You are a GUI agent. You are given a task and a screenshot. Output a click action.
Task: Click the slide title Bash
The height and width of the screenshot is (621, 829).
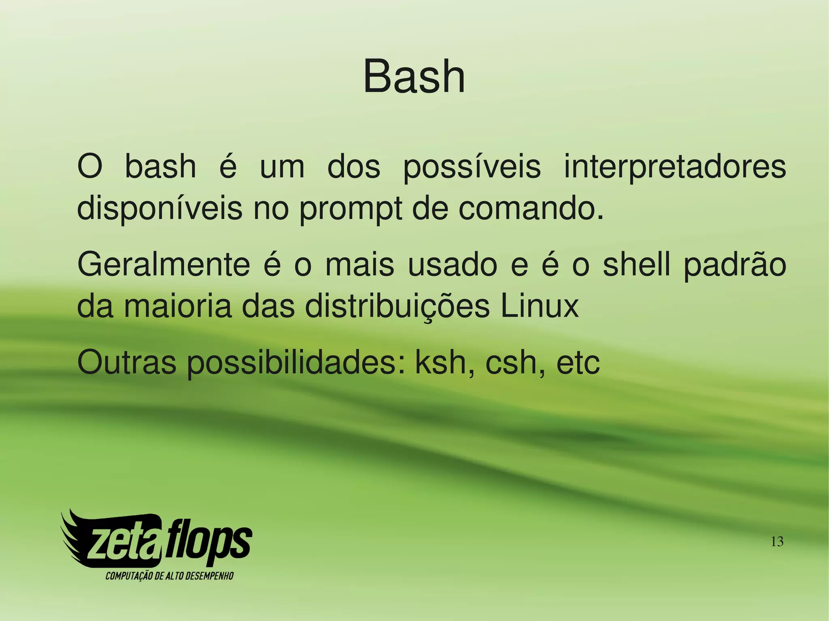[x=414, y=77]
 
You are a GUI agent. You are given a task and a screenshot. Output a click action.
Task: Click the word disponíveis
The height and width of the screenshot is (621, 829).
[x=159, y=209]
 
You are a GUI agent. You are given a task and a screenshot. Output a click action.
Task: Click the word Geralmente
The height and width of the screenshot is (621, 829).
[x=164, y=265]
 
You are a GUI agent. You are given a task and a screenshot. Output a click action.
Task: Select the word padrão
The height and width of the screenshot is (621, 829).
[x=735, y=265]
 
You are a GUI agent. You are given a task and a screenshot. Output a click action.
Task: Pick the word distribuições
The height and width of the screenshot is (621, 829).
[x=397, y=307]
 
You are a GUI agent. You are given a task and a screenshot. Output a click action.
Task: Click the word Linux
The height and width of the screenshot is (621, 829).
[x=540, y=306]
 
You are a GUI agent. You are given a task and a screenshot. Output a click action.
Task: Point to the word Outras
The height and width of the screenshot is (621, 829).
[x=127, y=362]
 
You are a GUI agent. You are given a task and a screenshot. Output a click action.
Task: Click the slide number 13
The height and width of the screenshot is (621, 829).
[x=777, y=541]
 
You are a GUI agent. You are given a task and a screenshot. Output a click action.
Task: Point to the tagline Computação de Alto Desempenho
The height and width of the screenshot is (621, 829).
[x=169, y=576]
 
